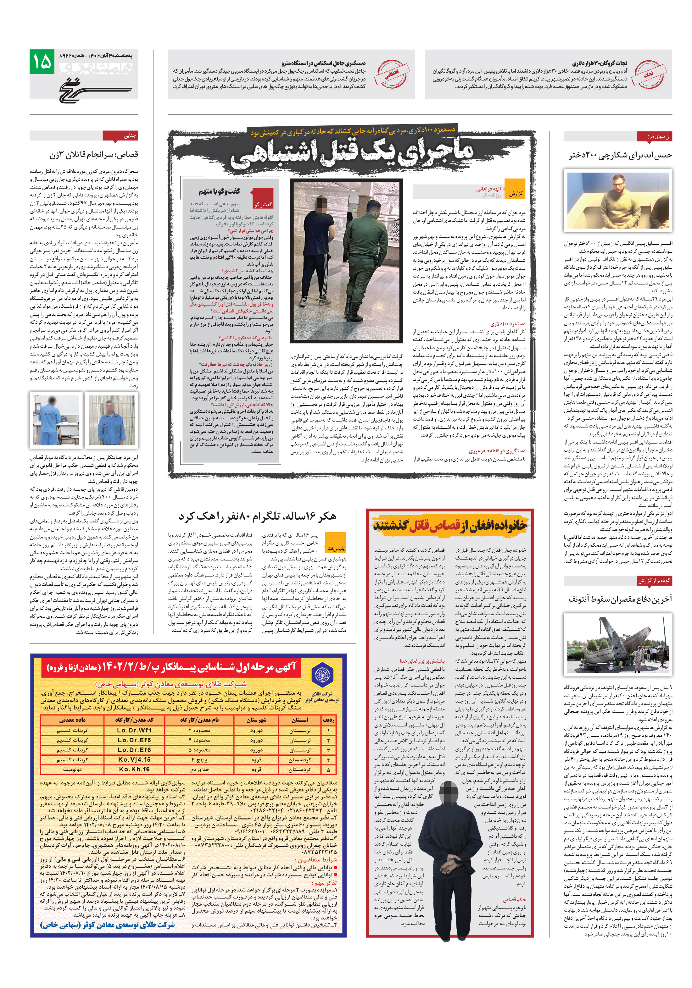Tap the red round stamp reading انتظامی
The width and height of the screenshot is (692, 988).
(x=392, y=74)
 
